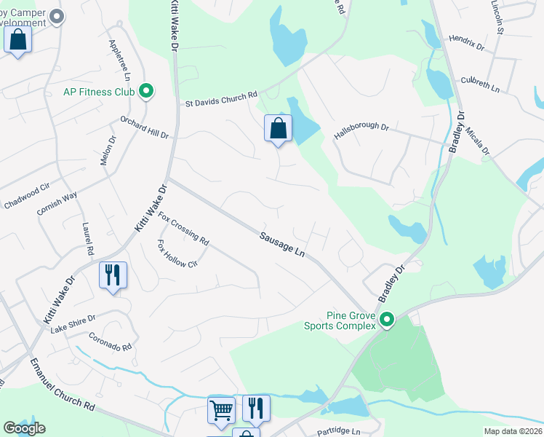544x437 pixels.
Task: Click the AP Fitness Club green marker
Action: point(146,91)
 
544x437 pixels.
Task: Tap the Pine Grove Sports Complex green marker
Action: point(387,320)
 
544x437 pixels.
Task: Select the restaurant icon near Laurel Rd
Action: point(113,275)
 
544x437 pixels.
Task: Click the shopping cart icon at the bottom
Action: point(221,409)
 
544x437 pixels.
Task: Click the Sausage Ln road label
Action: point(281,243)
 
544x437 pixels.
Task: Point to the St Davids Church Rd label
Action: point(220,99)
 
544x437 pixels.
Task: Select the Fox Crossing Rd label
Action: point(184,228)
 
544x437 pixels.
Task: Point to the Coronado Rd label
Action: point(111,342)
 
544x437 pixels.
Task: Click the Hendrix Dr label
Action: point(466,42)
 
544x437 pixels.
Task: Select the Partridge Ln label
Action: point(339,432)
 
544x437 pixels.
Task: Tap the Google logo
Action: point(24,428)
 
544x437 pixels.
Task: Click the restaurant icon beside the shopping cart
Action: point(255,408)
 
